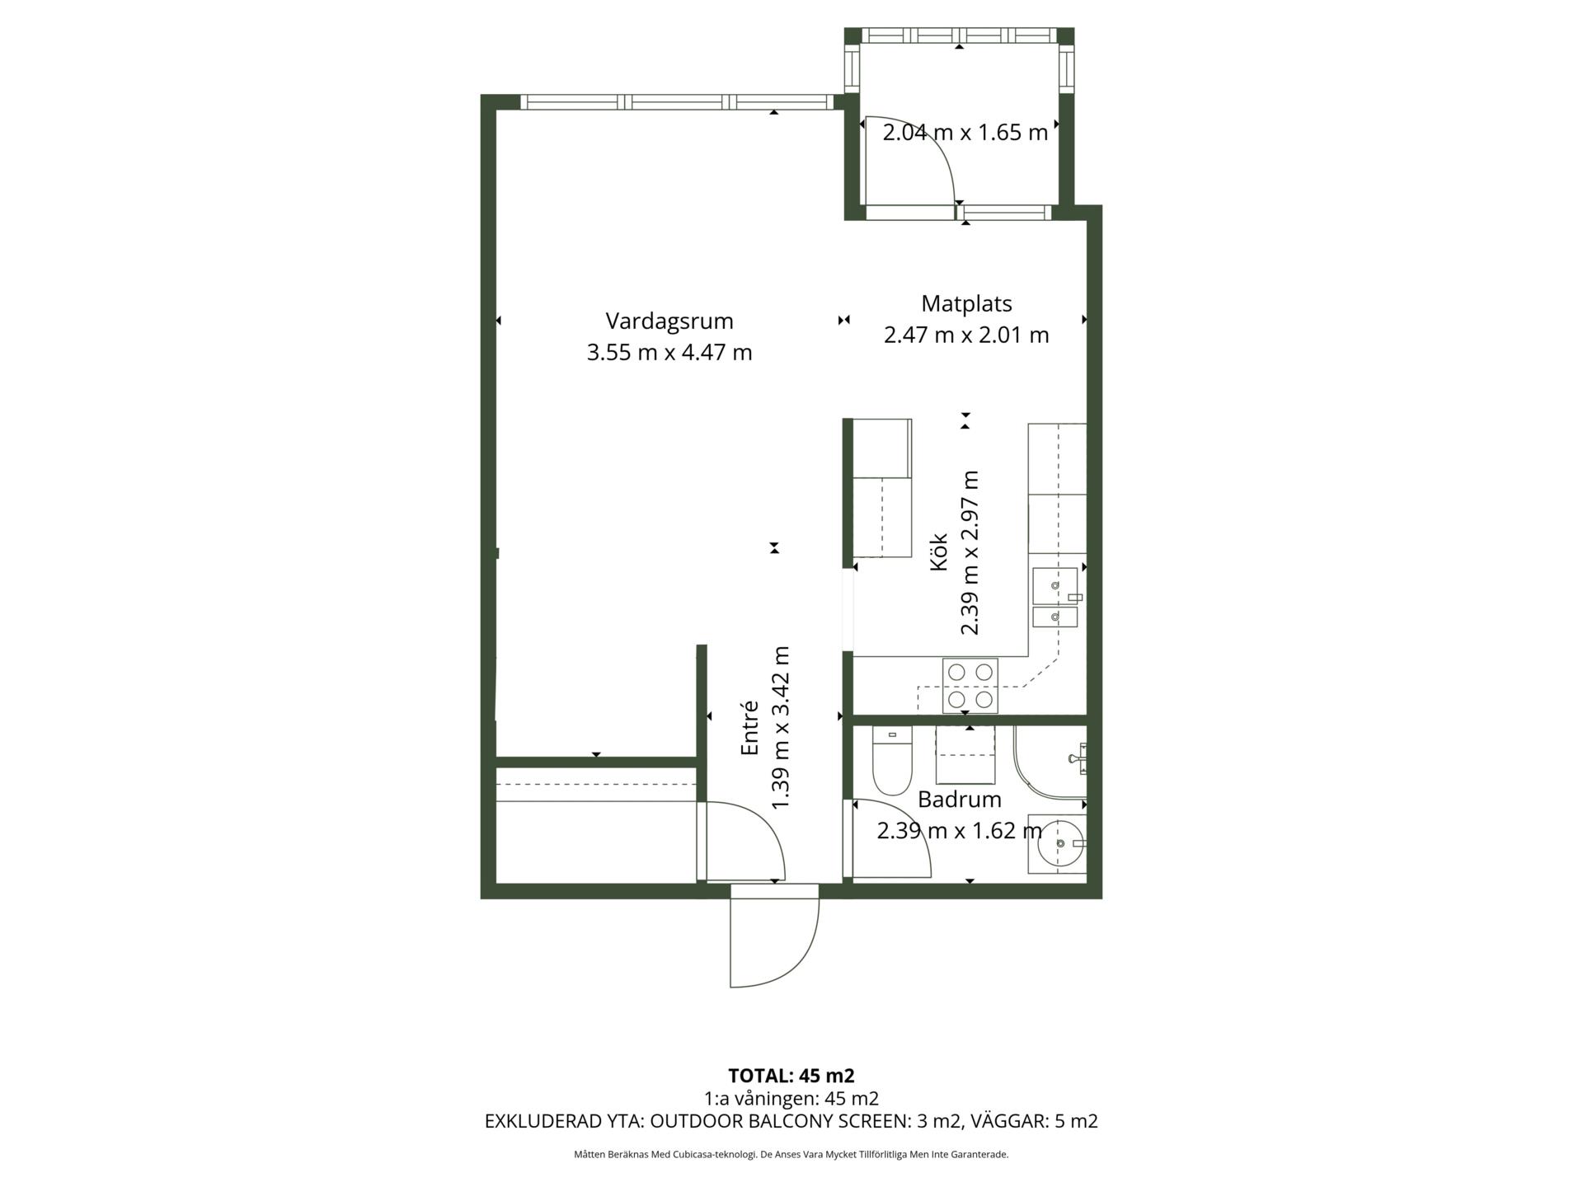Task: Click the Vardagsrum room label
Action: [x=669, y=321]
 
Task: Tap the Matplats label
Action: [x=966, y=304]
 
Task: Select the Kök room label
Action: [x=938, y=551]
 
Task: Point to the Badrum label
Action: [x=960, y=799]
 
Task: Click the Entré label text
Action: [x=749, y=728]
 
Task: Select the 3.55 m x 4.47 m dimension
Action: [x=669, y=353]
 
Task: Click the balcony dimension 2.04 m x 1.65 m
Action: [x=965, y=133]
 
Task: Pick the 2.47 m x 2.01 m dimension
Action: [x=966, y=335]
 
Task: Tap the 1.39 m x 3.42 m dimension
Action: [x=780, y=728]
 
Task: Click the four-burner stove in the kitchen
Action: [x=970, y=686]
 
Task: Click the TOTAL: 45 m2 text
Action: [x=791, y=1076]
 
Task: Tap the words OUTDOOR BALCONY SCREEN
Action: [x=779, y=1121]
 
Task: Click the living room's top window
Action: [x=678, y=102]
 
